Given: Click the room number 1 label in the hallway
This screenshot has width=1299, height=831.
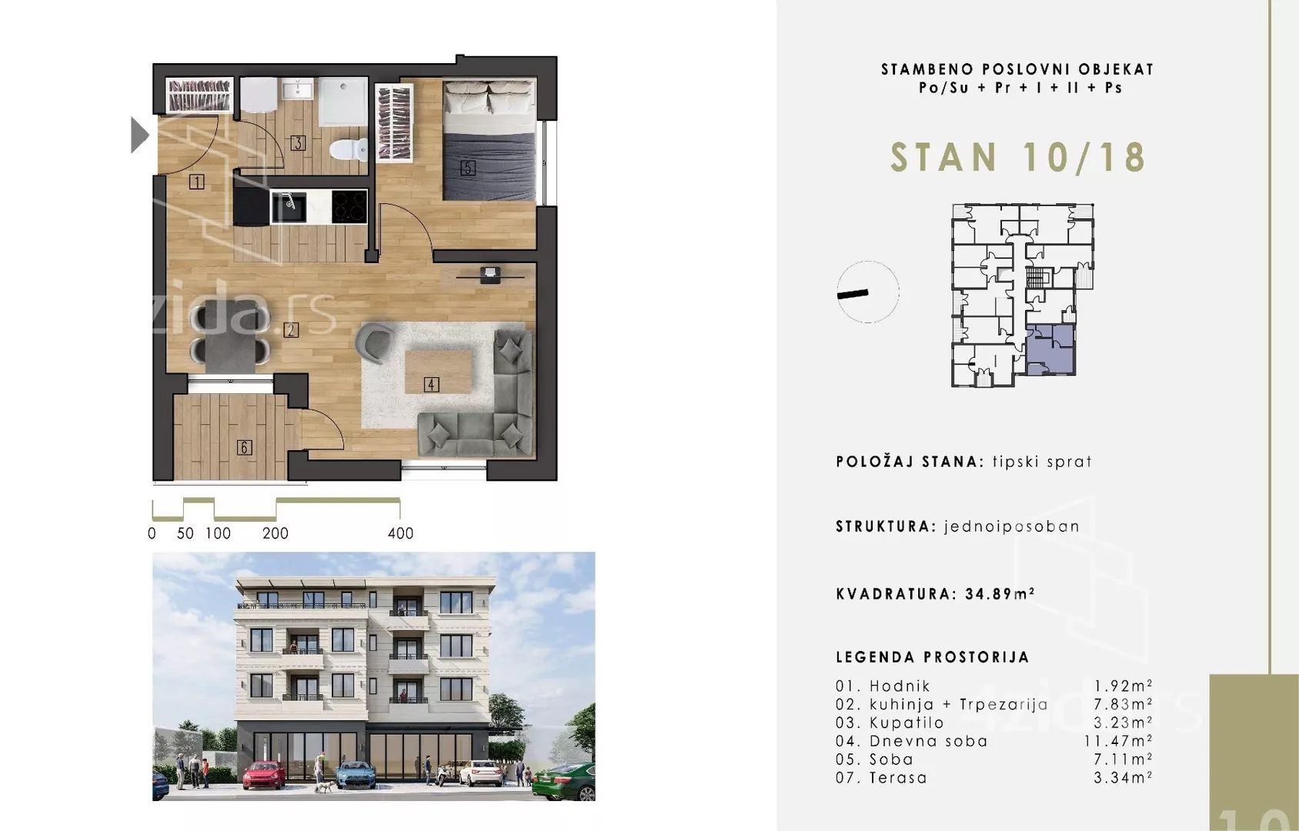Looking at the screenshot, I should [197, 182].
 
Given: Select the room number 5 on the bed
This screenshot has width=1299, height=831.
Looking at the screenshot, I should [468, 167].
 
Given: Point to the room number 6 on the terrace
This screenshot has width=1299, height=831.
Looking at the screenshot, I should [244, 447].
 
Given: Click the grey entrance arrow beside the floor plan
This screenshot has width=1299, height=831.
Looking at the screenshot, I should [139, 135].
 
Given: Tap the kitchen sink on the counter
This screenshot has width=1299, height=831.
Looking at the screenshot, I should [289, 205].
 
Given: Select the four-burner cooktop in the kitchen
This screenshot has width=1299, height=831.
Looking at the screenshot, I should [349, 206].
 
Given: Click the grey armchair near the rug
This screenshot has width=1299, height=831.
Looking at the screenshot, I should [375, 342].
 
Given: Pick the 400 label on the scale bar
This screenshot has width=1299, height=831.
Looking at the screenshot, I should [400, 533].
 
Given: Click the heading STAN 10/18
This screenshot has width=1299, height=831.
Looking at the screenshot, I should [1017, 158].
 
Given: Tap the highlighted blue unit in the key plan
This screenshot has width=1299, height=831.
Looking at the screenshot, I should [1050, 349].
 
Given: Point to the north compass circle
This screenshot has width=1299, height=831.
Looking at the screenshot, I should [868, 292].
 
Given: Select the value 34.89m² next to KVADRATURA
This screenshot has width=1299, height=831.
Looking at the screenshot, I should [1000, 594].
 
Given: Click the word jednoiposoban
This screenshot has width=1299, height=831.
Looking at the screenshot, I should [1011, 526].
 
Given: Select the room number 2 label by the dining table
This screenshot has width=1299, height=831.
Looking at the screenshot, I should [291, 329].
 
